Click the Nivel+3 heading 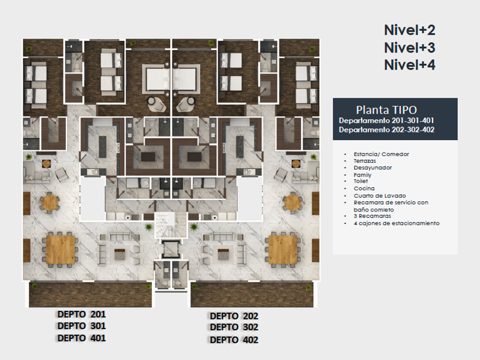coord(410,47)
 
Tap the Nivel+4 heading coord(410,65)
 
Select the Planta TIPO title coord(386,110)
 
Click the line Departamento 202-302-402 coord(387,130)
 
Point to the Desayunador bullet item coord(373,168)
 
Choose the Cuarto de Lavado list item coord(379,195)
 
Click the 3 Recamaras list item coord(372,216)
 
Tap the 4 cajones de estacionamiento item coord(397,223)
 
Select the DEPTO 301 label coord(81,326)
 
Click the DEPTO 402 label coord(234,340)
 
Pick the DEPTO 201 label coord(81,314)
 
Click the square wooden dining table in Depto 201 coord(61,250)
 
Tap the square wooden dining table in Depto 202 coord(283,250)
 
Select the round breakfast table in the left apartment coord(49,202)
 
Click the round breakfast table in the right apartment coord(293,202)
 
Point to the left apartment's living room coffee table coord(119,254)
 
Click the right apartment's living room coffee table coord(223,254)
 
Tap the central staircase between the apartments coord(171,225)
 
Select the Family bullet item coord(362,175)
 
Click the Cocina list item coord(364,188)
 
